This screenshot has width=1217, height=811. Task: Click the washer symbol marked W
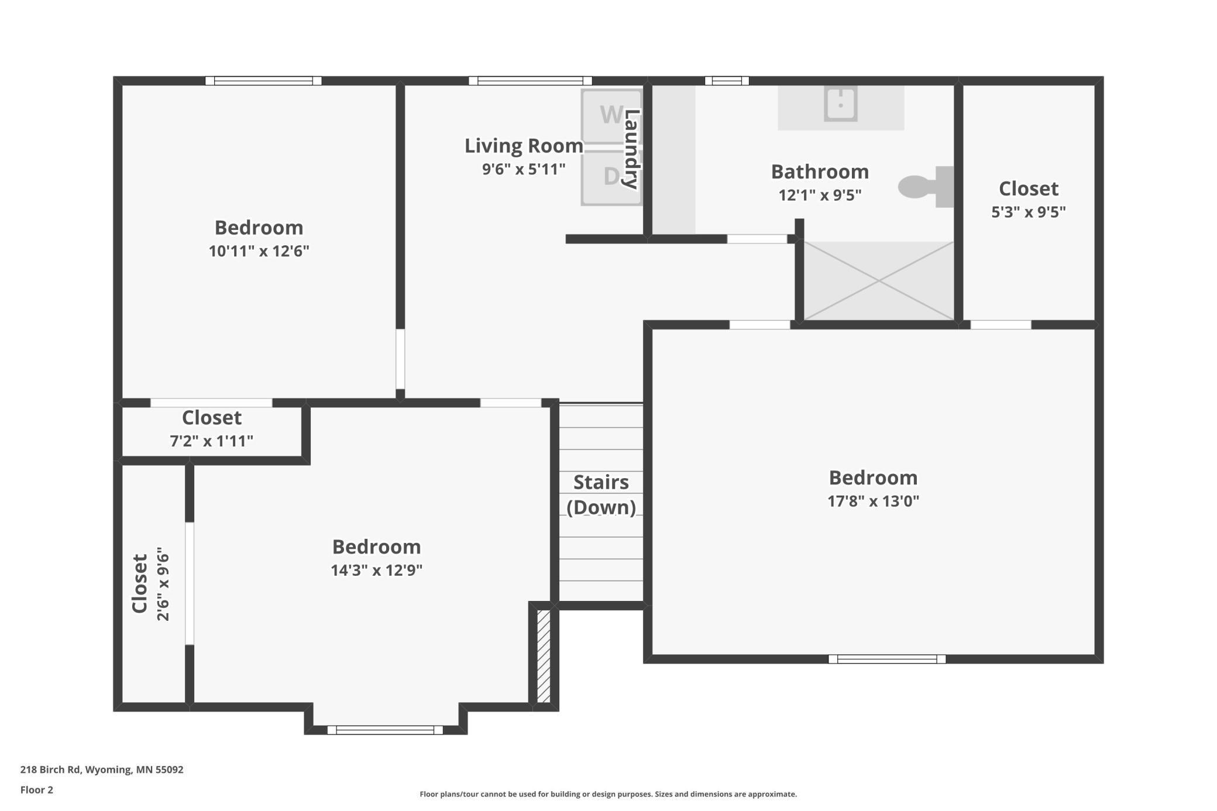coord(611,115)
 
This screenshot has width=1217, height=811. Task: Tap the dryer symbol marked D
coord(611,177)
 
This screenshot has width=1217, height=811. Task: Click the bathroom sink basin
coord(840,104)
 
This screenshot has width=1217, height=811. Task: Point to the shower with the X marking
coord(878,281)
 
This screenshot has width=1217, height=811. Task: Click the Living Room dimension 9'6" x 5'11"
coord(523,170)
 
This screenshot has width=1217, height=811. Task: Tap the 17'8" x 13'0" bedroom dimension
coord(872,501)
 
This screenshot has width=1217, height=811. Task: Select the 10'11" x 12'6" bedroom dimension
coord(259,251)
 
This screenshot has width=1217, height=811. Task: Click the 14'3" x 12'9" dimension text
coord(376,571)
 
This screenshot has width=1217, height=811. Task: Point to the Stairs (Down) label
coord(601,494)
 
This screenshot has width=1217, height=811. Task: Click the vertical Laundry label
coord(631,149)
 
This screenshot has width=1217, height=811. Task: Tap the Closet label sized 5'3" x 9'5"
coord(1028,188)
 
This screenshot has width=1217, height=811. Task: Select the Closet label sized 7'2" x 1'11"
coord(211,418)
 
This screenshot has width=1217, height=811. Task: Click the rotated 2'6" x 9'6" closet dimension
coord(163,584)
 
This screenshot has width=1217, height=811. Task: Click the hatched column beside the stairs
coord(543,656)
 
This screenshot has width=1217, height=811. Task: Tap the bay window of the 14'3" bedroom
coord(384,730)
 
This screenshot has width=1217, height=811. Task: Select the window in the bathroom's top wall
coord(726,81)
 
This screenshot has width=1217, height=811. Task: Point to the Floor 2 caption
coord(37,790)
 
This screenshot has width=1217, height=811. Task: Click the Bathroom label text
coord(819,172)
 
